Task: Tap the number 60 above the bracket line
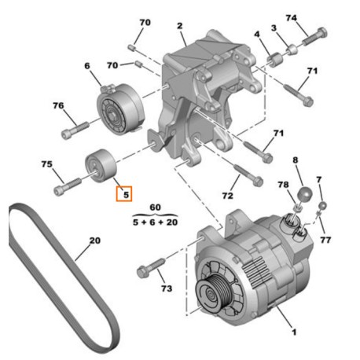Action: tap(155, 207)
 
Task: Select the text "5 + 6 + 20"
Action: tap(155, 222)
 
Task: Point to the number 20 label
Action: tap(94, 241)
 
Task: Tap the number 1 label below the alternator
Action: tap(294, 332)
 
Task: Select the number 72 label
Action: tap(228, 193)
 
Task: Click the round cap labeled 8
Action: tap(303, 194)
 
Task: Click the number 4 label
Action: tap(257, 34)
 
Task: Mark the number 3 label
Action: tap(274, 28)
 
